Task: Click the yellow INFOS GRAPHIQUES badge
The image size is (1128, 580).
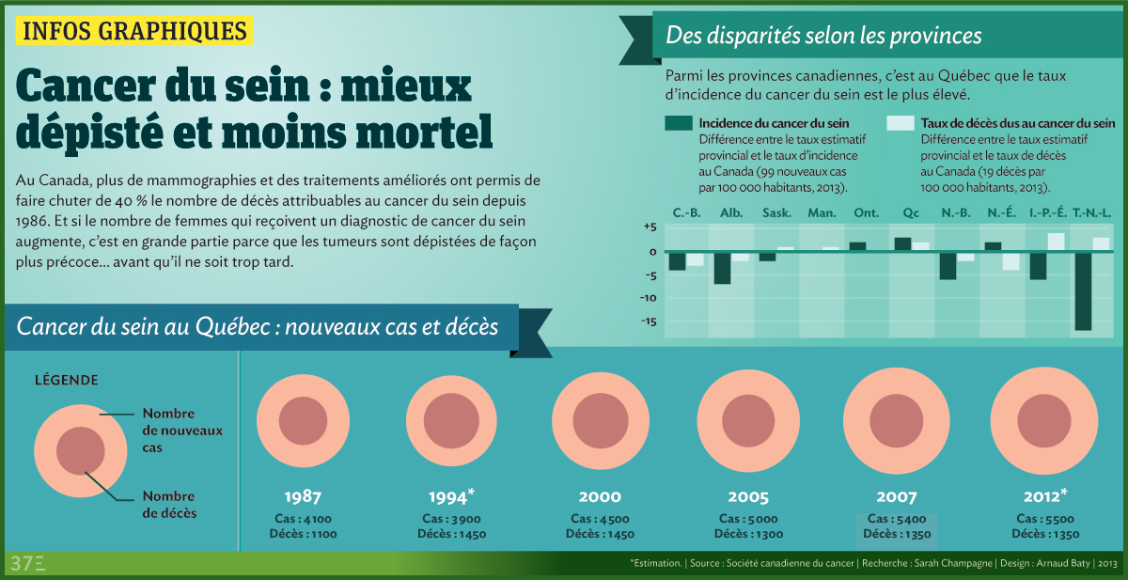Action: [x=135, y=32]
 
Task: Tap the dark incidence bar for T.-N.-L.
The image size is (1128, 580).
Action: [x=1084, y=290]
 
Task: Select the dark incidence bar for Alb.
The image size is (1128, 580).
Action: [x=722, y=268]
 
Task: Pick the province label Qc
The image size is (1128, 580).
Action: [x=911, y=213]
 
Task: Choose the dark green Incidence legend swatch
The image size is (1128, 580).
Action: [x=678, y=123]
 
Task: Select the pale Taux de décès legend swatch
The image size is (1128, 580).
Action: [x=900, y=123]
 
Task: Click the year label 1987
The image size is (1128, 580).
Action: [x=303, y=497]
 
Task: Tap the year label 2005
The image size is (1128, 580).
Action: [x=748, y=497]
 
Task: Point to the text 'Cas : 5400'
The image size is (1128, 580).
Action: [x=897, y=520]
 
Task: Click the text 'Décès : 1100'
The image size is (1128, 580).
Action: [x=303, y=535]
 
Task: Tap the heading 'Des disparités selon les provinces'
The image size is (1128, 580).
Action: [x=823, y=37]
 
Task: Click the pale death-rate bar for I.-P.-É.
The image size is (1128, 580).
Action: [x=1056, y=242]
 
